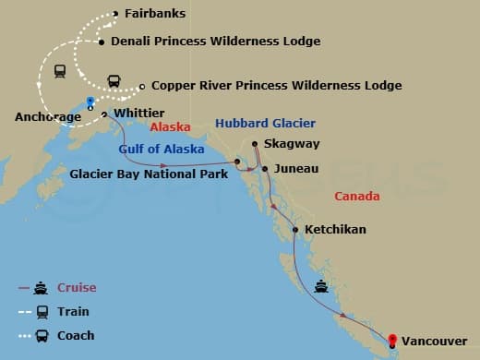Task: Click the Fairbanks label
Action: pyautogui.click(x=153, y=14)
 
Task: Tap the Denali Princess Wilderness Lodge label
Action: pyautogui.click(x=215, y=42)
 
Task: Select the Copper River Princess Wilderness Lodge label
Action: pyautogui.click(x=276, y=86)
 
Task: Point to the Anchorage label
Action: pyautogui.click(x=47, y=117)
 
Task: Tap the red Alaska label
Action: pyautogui.click(x=170, y=128)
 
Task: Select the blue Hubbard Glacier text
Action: pyautogui.click(x=265, y=123)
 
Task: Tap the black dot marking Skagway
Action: pyautogui.click(x=255, y=143)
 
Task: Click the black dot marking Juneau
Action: pyautogui.click(x=265, y=169)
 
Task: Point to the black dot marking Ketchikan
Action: pyautogui.click(x=295, y=229)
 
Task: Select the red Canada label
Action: pyautogui.click(x=357, y=197)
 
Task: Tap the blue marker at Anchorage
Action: pyautogui.click(x=90, y=101)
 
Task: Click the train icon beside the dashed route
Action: pyautogui.click(x=60, y=70)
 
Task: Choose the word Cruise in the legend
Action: pyautogui.click(x=78, y=288)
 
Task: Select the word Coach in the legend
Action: pyautogui.click(x=76, y=335)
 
